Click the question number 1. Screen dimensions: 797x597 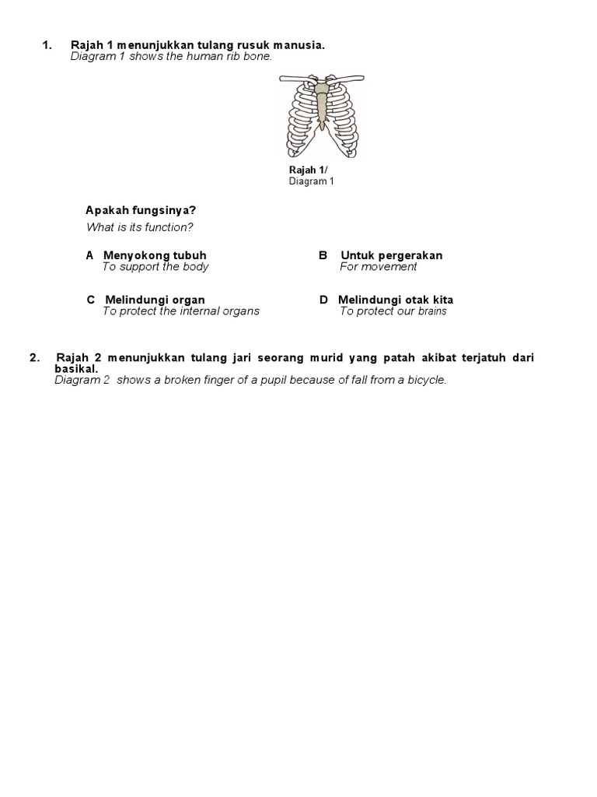pos(47,46)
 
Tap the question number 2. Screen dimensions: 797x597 pos(34,357)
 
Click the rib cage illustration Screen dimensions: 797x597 pos(321,114)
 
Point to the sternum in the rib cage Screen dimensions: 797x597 pos(321,104)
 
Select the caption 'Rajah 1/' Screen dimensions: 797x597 pos(309,170)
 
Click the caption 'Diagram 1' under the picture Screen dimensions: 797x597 pos(311,181)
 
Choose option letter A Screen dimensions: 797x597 pos(90,255)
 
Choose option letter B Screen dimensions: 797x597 pos(323,255)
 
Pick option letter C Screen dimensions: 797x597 pos(91,300)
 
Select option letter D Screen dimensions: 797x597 pos(323,300)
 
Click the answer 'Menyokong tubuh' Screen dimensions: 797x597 pos(155,255)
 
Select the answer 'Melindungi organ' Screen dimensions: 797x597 pos(155,300)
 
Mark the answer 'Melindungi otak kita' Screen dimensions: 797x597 pos(396,300)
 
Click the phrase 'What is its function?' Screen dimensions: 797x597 pos(139,227)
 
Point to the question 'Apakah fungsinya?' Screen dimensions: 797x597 pos(140,211)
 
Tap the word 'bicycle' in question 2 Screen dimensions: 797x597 pos(427,380)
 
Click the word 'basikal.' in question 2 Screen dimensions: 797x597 pos(76,368)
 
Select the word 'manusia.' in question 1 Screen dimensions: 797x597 pos(298,46)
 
